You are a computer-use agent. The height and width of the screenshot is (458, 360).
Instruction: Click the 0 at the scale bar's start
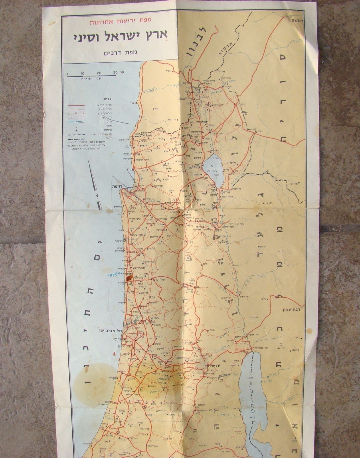[67, 74]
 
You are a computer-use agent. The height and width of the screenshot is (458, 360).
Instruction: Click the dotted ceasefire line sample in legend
[76, 135]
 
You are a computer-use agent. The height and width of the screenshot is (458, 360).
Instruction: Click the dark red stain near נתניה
[128, 278]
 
